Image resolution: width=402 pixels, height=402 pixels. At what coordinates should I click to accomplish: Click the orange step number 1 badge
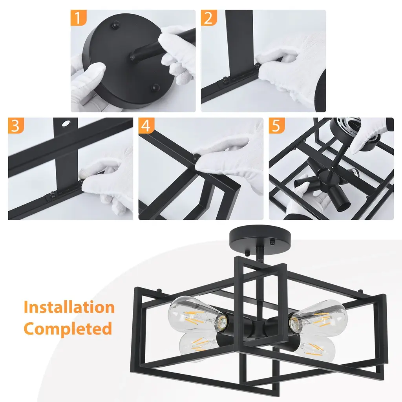click(x=79, y=18)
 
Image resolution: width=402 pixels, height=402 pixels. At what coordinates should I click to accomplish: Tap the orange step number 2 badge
click(x=209, y=18)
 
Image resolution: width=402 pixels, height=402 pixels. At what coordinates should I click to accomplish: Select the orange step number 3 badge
click(x=16, y=126)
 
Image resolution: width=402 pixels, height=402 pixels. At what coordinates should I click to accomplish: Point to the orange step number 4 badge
click(x=146, y=126)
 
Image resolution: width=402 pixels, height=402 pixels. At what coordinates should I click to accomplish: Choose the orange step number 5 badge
click(x=277, y=126)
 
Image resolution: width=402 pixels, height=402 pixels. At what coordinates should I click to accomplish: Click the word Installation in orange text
click(x=69, y=307)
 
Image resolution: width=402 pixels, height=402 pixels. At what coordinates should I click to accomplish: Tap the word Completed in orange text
click(x=68, y=329)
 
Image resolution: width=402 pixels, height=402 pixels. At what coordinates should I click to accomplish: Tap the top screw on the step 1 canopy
click(x=116, y=24)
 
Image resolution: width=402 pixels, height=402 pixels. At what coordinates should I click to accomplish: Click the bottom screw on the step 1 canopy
click(x=155, y=88)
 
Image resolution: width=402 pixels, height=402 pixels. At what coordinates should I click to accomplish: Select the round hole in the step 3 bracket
click(x=66, y=124)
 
